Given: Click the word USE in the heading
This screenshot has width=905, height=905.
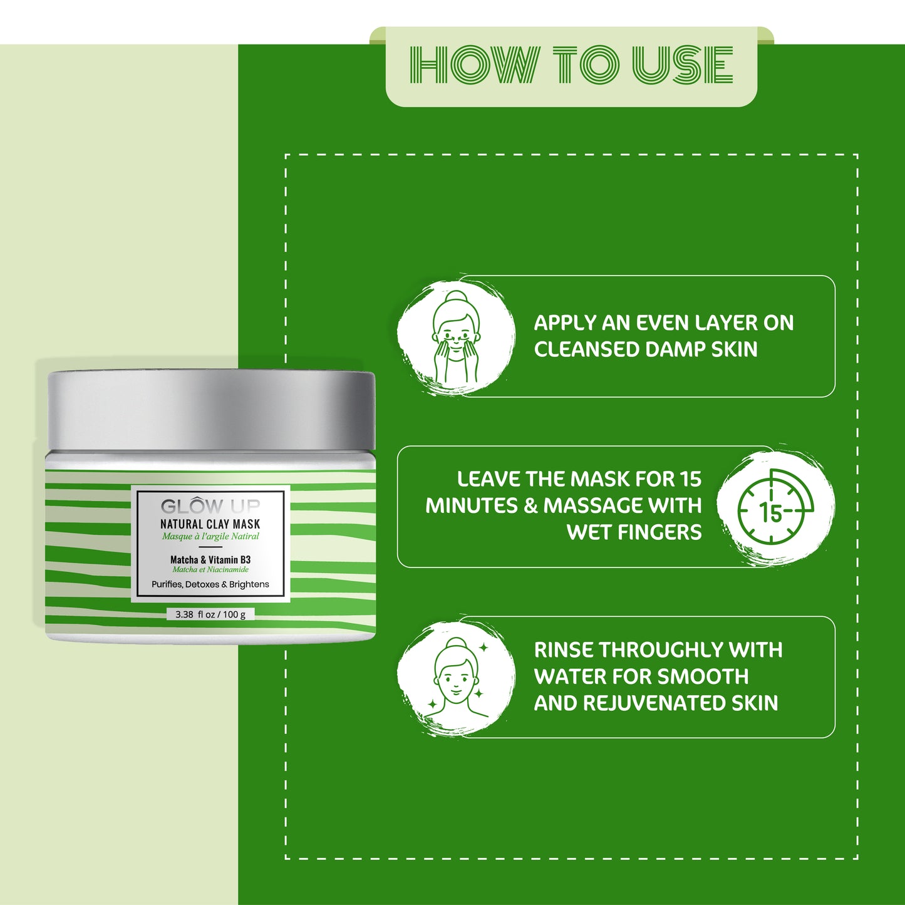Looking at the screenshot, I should coord(682,65).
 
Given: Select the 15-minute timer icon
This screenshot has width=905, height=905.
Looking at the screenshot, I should coord(775,507).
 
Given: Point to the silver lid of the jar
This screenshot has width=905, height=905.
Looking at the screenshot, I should coord(211,410).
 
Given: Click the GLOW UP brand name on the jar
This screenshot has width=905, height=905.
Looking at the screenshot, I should coord(210,505).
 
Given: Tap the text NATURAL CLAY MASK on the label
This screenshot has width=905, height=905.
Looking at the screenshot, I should coord(210,524).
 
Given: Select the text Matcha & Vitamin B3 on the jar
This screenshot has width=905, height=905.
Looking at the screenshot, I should coord(210,559).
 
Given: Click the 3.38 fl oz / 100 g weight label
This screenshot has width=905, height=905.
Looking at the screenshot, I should coord(210,614).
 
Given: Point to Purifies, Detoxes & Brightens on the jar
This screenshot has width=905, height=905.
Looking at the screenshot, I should coord(210,584).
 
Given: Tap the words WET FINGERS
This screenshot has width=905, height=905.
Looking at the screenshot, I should coord(634,532).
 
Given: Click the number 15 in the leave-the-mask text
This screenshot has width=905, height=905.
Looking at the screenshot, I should coord(691,479).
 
